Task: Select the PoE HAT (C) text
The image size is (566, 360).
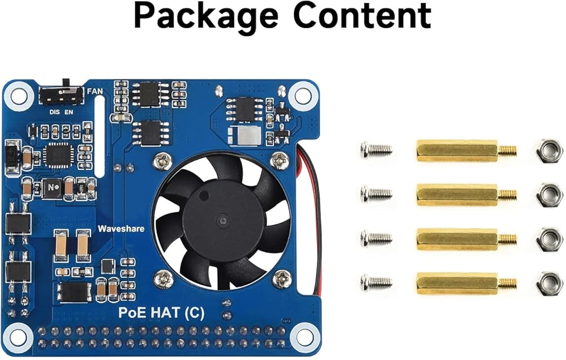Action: click(161, 313)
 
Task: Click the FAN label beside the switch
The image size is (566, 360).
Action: click(95, 91)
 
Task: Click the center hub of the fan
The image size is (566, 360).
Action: click(222, 220)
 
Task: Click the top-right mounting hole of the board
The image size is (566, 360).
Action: click(303, 93)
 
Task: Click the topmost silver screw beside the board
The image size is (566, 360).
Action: click(375, 150)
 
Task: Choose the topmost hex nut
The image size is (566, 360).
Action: click(548, 150)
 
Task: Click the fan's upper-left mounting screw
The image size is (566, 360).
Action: click(162, 161)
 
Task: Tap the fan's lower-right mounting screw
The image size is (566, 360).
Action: click(281, 278)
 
